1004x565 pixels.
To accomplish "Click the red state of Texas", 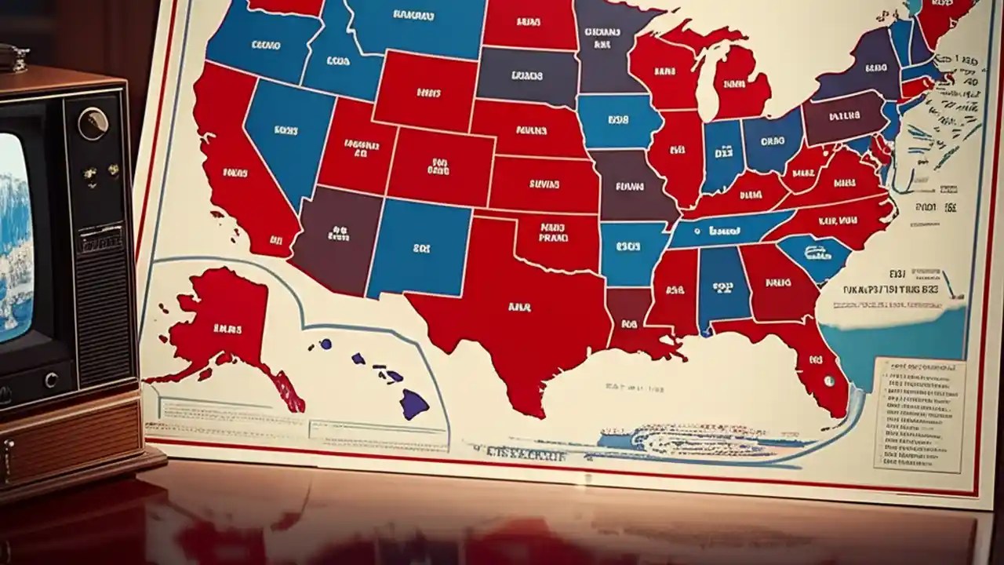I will click(510, 314).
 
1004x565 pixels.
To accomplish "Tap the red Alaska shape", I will click(220, 322).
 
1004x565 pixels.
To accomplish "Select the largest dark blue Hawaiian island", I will click(414, 404).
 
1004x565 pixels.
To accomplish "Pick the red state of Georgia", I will click(777, 282).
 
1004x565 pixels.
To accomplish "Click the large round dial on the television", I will click(93, 124).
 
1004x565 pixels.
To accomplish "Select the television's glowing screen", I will click(14, 235).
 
